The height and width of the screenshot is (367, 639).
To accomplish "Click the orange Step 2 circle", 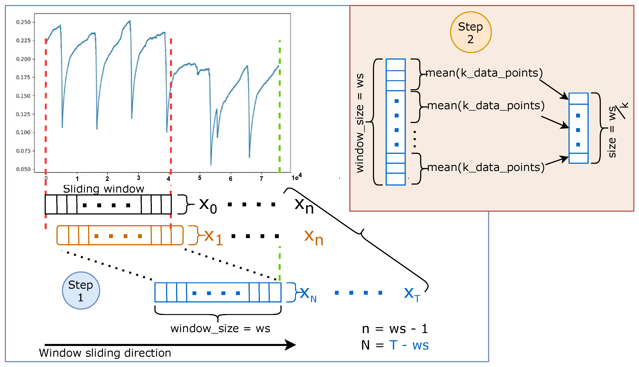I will [471, 32].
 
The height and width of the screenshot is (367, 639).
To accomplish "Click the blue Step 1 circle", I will [81, 290].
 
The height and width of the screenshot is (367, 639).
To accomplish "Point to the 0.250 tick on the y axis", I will [23, 22].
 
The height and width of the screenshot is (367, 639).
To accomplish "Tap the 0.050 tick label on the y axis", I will [23, 169].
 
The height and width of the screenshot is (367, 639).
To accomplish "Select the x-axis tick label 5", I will [199, 178].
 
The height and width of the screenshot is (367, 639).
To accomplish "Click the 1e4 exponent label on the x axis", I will [297, 177].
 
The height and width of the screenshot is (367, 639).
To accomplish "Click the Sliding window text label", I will [103, 189].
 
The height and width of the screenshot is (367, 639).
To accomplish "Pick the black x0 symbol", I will [208, 205].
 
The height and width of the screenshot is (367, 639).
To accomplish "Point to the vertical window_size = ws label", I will [360, 123].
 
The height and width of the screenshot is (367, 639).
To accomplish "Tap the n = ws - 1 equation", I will [395, 329].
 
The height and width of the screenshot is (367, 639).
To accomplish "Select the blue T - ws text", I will [409, 345].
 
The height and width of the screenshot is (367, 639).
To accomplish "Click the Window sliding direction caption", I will [105, 353].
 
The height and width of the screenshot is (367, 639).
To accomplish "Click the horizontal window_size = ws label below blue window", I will [220, 329].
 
